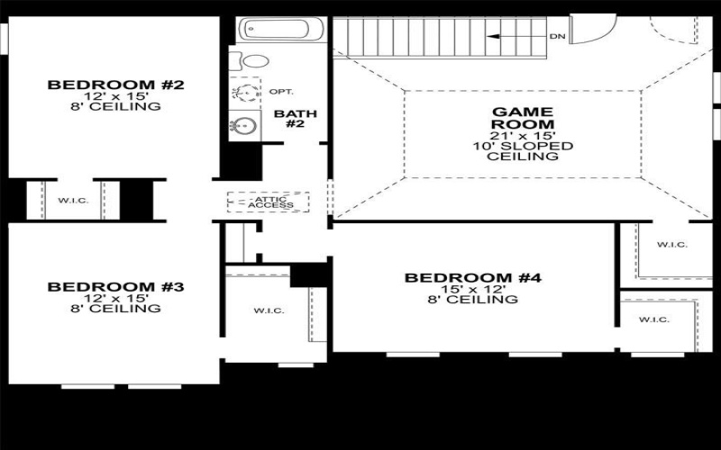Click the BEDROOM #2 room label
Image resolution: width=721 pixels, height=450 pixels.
tap(115, 85)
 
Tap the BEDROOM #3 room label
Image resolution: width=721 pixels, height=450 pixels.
tap(115, 287)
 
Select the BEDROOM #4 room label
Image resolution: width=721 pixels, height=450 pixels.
tap(472, 278)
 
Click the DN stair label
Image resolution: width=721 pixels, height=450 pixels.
tap(559, 37)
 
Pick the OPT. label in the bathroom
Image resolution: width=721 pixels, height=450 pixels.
tap(282, 92)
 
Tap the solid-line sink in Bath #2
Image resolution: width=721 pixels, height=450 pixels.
tap(244, 125)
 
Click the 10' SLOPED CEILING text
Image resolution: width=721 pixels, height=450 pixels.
tap(523, 150)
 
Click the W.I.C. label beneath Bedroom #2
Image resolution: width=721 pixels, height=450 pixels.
tap(74, 200)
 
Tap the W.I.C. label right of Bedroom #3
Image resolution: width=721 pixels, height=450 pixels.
tap(269, 310)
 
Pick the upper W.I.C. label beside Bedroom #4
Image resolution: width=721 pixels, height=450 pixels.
tap(672, 244)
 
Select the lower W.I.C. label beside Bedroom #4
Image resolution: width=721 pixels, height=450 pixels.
tap(655, 319)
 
